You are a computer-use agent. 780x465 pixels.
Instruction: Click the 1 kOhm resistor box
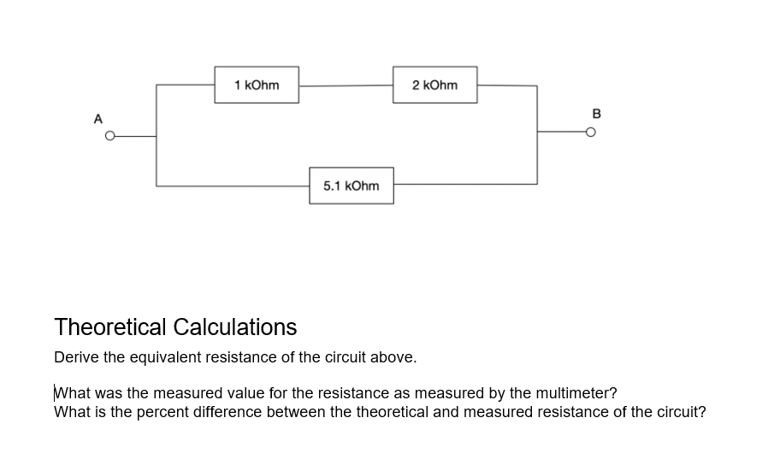click(x=257, y=85)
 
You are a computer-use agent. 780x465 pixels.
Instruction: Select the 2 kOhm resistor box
click(x=434, y=85)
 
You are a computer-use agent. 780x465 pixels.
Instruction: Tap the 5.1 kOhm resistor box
click(x=352, y=185)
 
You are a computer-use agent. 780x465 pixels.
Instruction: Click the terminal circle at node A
click(x=109, y=135)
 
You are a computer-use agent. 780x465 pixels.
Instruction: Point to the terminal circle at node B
click(x=590, y=132)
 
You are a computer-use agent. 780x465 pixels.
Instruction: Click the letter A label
click(x=98, y=118)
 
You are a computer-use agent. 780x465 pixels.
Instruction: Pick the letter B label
click(x=596, y=113)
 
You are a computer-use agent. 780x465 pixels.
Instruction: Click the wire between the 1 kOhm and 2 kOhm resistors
click(x=346, y=85)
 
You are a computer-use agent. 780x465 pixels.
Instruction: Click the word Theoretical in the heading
click(x=110, y=327)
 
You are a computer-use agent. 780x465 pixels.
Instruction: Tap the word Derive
click(x=75, y=357)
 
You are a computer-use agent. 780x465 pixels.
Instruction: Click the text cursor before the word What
click(x=55, y=393)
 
